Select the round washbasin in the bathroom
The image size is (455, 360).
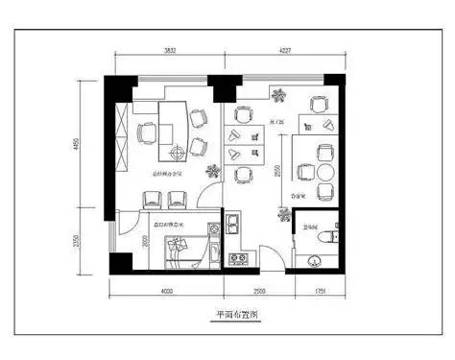tap(313, 259)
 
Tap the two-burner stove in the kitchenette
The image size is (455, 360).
tap(237, 258)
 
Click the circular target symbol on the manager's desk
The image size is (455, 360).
tap(177, 153)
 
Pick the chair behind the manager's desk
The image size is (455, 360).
tap(148, 131)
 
